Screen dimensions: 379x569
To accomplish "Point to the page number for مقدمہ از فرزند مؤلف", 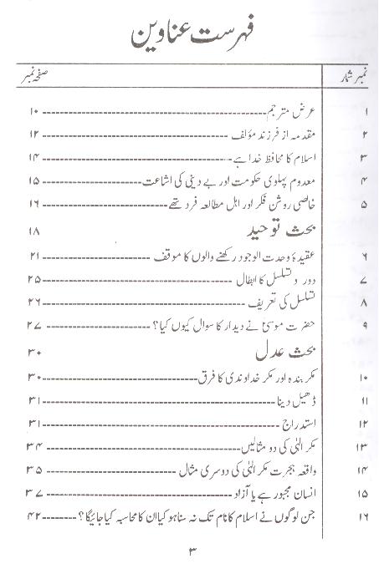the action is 35,134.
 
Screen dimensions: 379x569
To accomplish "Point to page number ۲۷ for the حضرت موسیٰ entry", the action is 34,324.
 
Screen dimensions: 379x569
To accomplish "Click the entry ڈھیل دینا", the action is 285,402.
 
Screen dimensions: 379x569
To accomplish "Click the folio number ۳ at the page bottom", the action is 191,551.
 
